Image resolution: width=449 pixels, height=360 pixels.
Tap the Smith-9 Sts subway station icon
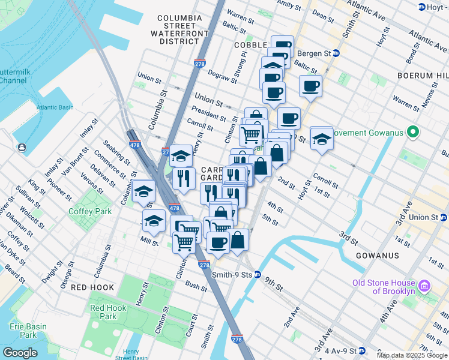coord(258,275)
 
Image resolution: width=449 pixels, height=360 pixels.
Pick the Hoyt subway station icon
coord(421,7)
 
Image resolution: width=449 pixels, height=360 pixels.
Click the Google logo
coord(20,353)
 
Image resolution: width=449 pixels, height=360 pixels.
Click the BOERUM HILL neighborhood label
coord(423,75)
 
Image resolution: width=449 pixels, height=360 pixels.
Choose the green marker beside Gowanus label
coord(412,132)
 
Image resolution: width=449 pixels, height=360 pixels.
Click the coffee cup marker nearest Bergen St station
coord(282,46)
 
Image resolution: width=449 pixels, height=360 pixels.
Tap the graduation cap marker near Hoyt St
coord(322,138)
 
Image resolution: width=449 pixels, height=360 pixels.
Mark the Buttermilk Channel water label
coord(12,75)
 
